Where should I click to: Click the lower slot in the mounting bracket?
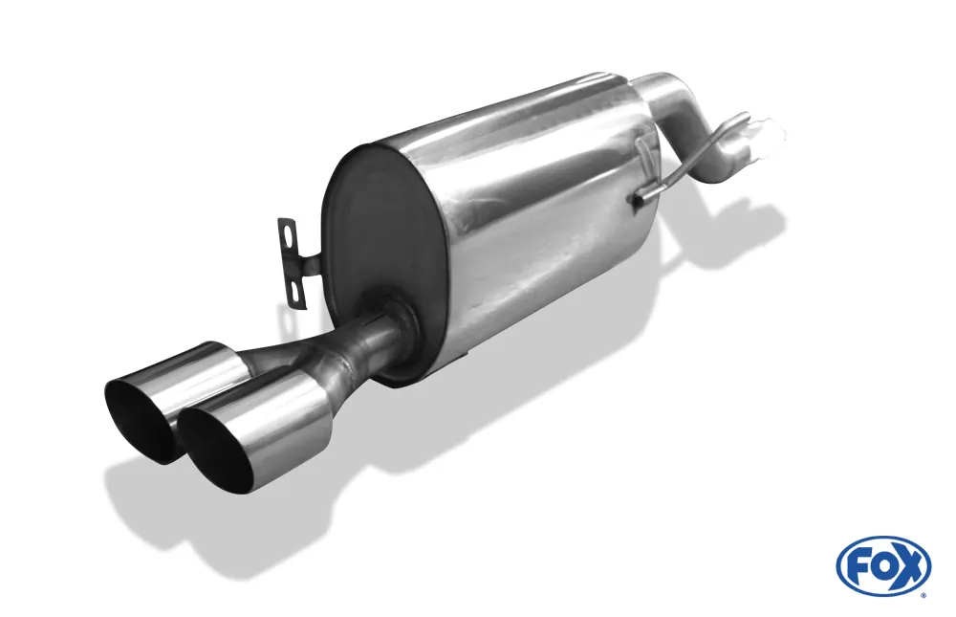tap(297, 292)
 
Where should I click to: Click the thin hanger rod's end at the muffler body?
tap(636, 199)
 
